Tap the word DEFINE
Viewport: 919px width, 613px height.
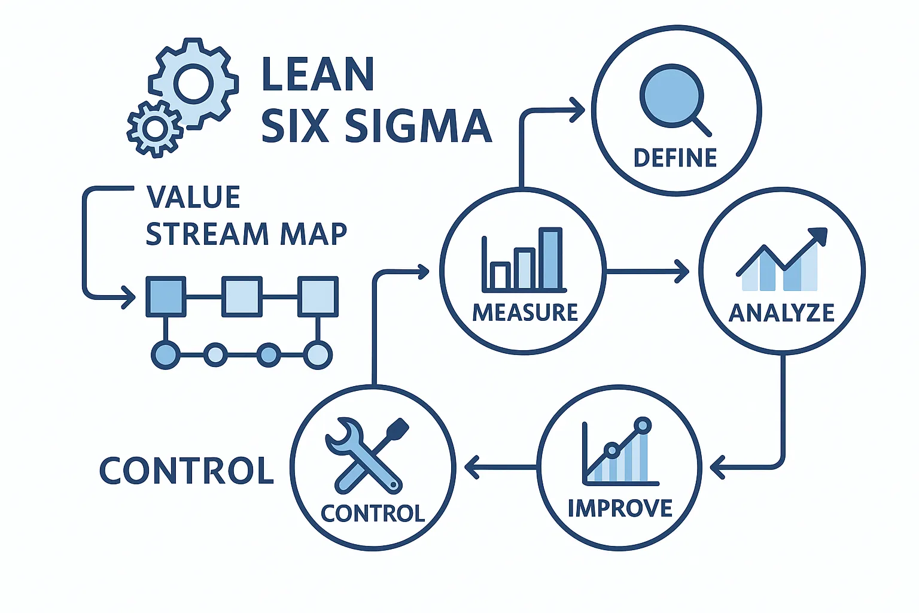coord(675,158)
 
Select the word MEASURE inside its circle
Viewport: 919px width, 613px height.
coord(525,312)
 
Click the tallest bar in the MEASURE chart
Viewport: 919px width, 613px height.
coord(550,259)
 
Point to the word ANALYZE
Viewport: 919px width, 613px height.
coord(781,313)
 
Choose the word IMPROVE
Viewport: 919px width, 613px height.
coord(620,508)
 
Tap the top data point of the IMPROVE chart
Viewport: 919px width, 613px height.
coord(643,426)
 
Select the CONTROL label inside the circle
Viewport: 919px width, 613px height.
coord(373,514)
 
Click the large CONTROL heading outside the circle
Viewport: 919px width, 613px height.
coord(186,471)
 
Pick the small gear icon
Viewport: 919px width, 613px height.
coord(154,128)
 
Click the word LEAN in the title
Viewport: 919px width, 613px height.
coord(318,74)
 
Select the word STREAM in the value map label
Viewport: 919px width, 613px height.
coord(207,234)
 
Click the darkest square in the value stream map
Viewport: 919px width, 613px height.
coord(166,296)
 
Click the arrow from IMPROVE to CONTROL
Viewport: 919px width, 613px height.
coord(500,467)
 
